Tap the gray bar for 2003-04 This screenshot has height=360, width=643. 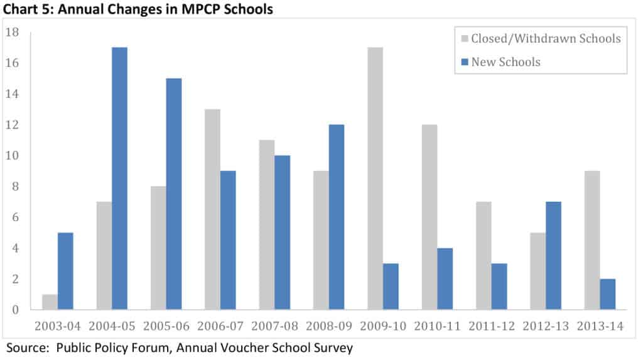pos(50,302)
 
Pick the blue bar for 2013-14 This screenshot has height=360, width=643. pos(607,295)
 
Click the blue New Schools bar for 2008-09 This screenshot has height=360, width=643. pos(336,217)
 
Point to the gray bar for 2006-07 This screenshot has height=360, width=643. pos(213,210)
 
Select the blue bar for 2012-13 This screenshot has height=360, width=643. pos(553,256)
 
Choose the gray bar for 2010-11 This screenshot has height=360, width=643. pos(429,217)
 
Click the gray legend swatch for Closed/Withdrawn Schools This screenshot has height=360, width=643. pos(465,39)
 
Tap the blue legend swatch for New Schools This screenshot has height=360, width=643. pos(465,62)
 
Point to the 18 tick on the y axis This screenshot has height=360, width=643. pos(13,33)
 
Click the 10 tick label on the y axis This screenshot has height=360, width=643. pos(13,156)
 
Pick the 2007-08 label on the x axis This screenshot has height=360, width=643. pos(275,327)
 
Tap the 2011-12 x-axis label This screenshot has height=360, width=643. pos(492,327)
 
